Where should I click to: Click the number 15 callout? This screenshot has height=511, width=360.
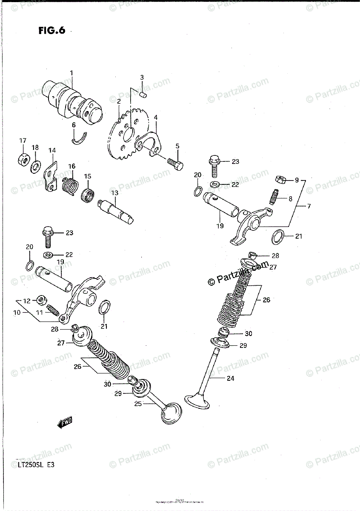[87, 176]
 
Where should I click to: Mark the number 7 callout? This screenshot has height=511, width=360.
[309, 207]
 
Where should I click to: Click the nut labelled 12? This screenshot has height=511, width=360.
[42, 300]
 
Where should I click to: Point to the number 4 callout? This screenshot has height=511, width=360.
[156, 117]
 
